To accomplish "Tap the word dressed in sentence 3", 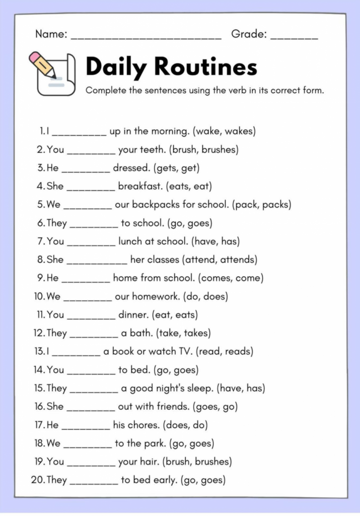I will [131, 168].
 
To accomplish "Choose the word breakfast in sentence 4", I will [140, 186].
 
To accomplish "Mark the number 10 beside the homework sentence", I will [40, 297].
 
